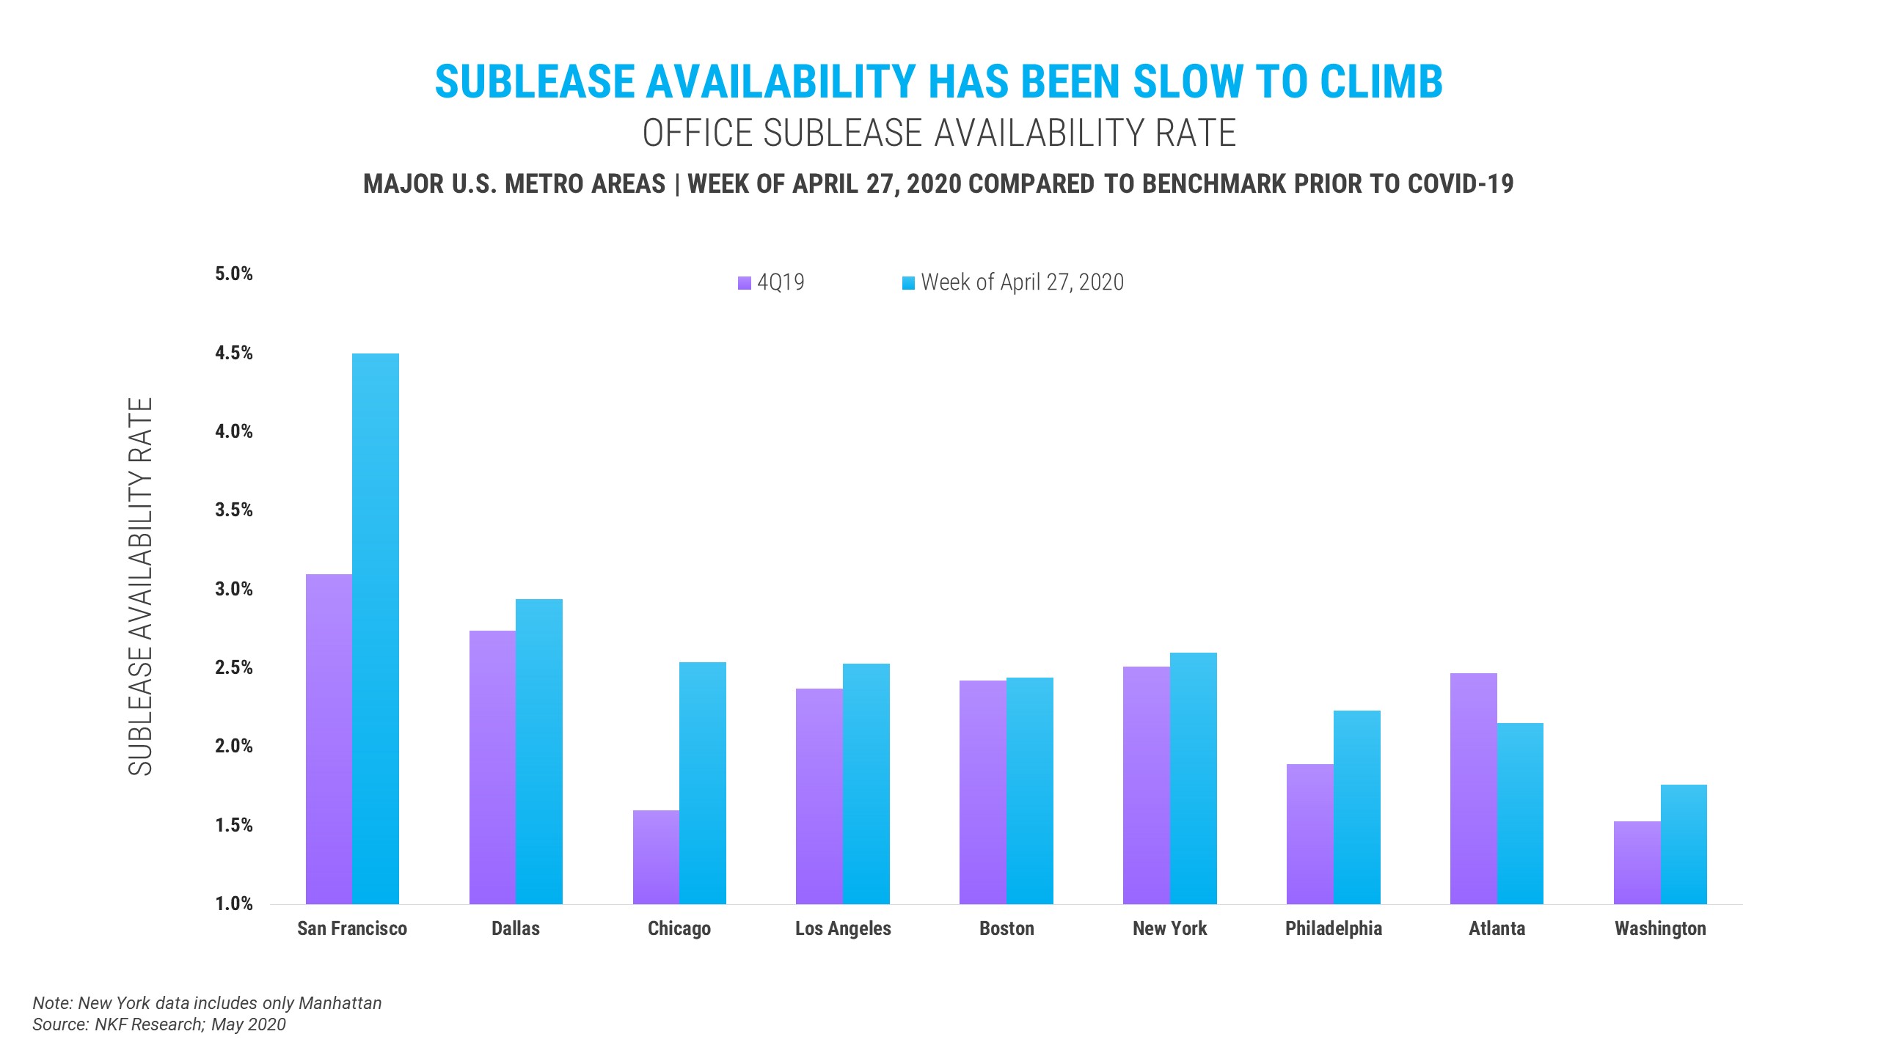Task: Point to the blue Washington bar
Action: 1684,844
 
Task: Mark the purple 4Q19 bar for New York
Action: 1146,785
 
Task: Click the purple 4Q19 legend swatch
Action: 745,283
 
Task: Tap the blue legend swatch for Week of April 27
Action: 908,283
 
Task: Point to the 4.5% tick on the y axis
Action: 233,353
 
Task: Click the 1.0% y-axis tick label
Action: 233,903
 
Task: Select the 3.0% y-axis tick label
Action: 233,589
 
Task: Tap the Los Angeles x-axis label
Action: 843,928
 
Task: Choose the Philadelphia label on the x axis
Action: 1333,928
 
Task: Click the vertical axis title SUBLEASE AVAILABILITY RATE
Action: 140,587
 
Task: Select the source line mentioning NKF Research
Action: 159,1024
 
